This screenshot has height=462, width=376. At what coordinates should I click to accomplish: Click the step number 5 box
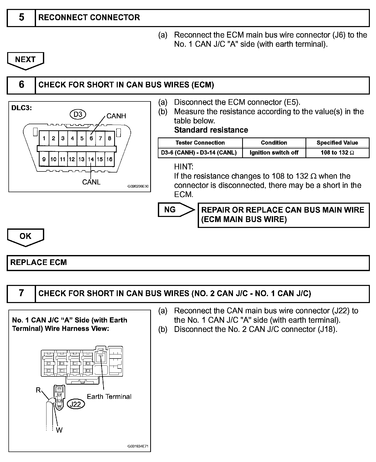(21, 18)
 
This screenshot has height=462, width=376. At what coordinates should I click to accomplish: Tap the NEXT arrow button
(25, 60)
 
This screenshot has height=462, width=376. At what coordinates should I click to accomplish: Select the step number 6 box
(21, 85)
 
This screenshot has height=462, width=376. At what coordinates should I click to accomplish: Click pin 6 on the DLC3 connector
(91, 138)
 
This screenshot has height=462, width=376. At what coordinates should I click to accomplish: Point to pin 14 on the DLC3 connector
(91, 159)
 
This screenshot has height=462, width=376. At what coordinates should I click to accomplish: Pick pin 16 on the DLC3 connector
(109, 159)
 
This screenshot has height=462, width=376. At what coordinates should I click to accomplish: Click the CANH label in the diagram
(116, 116)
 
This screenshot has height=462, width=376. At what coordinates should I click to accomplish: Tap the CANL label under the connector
(91, 182)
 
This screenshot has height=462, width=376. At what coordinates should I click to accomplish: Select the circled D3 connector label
(78, 114)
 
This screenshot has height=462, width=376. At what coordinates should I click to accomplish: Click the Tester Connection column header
(200, 143)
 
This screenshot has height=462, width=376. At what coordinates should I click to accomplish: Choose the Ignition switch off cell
(274, 153)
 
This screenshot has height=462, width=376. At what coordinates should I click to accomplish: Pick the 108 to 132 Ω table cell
(337, 153)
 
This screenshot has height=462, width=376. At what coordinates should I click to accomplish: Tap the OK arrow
(25, 237)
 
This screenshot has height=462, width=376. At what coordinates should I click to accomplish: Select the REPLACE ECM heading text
(39, 262)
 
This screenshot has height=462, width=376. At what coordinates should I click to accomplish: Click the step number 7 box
(21, 293)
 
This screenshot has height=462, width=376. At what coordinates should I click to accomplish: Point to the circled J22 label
(75, 404)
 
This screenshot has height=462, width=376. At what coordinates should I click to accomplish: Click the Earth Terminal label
(109, 396)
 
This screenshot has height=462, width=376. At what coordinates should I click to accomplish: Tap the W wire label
(59, 430)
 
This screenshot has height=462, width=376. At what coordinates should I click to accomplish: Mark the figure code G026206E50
(138, 186)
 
